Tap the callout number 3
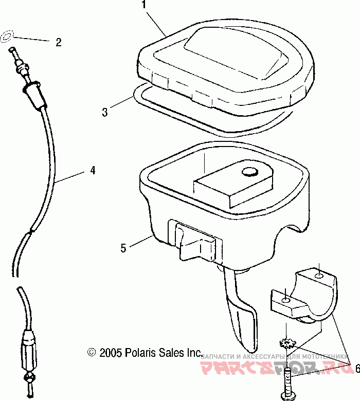coord(105,112)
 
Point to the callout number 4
coord(93,170)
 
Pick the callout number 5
coord(123,247)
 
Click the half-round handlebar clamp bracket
coord(303,298)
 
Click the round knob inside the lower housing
coord(250,172)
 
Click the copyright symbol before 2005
coord(92,353)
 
